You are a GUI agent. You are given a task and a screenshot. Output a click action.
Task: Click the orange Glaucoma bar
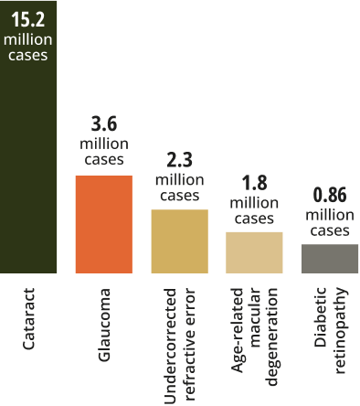(104, 224)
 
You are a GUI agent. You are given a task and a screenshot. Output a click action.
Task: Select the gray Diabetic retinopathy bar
(330, 259)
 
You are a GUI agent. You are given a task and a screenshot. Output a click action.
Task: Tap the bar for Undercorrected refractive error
(180, 241)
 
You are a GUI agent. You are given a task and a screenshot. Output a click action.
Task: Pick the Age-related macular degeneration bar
(254, 252)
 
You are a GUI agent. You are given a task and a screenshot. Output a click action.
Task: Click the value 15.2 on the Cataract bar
(28, 19)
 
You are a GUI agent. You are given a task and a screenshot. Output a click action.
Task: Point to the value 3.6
(104, 124)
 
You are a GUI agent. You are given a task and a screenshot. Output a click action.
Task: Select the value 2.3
(180, 160)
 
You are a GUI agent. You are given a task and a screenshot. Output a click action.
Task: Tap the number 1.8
(254, 183)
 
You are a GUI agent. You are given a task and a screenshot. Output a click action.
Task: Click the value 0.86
(330, 195)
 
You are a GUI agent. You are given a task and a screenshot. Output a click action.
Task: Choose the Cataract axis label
(29, 318)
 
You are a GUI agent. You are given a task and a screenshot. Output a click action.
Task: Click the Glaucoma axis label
(104, 325)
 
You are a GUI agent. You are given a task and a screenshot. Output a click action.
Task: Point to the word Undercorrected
(170, 346)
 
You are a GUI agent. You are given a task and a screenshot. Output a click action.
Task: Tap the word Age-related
(238, 330)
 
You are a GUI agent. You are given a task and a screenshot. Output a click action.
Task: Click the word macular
(255, 317)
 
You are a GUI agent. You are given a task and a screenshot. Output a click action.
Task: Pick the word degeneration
(272, 337)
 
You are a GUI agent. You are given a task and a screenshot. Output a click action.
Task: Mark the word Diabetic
(320, 317)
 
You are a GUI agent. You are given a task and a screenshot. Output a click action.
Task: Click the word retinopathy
(341, 330)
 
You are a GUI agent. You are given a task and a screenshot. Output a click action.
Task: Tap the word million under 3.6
(104, 144)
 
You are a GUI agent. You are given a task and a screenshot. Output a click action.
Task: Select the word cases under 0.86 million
(330, 230)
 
